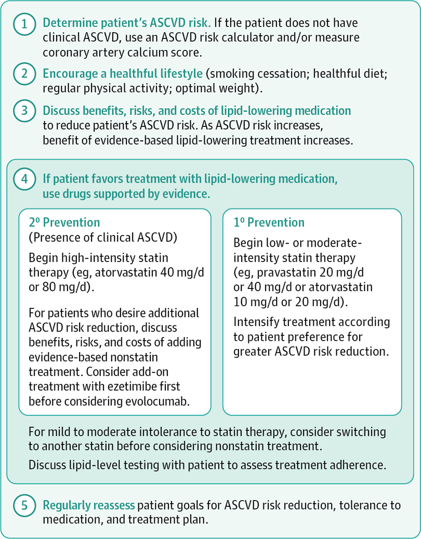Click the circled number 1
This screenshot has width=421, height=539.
[x=24, y=24]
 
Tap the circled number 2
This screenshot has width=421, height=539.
[x=24, y=74]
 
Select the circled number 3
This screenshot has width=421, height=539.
[x=24, y=111]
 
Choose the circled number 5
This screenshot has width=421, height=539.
[x=24, y=505]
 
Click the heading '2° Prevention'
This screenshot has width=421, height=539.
[x=65, y=223]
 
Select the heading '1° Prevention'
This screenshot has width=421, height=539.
[x=269, y=223]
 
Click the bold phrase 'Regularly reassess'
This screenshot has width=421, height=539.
[x=89, y=505]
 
